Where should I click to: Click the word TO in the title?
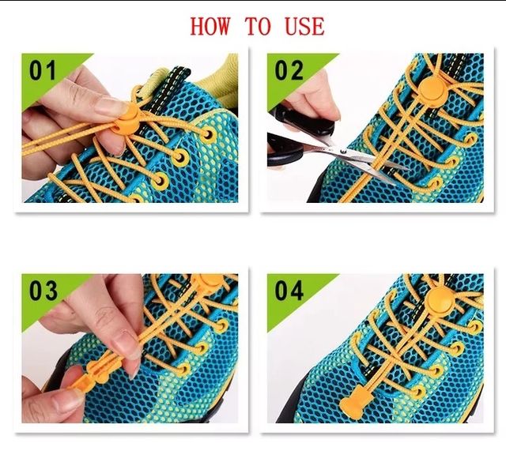click(257, 26)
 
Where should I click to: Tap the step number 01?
click(44, 71)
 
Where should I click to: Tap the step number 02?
click(289, 71)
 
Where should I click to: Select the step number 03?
click(44, 291)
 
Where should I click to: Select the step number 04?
click(289, 291)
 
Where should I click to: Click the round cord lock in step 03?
click(208, 283)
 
